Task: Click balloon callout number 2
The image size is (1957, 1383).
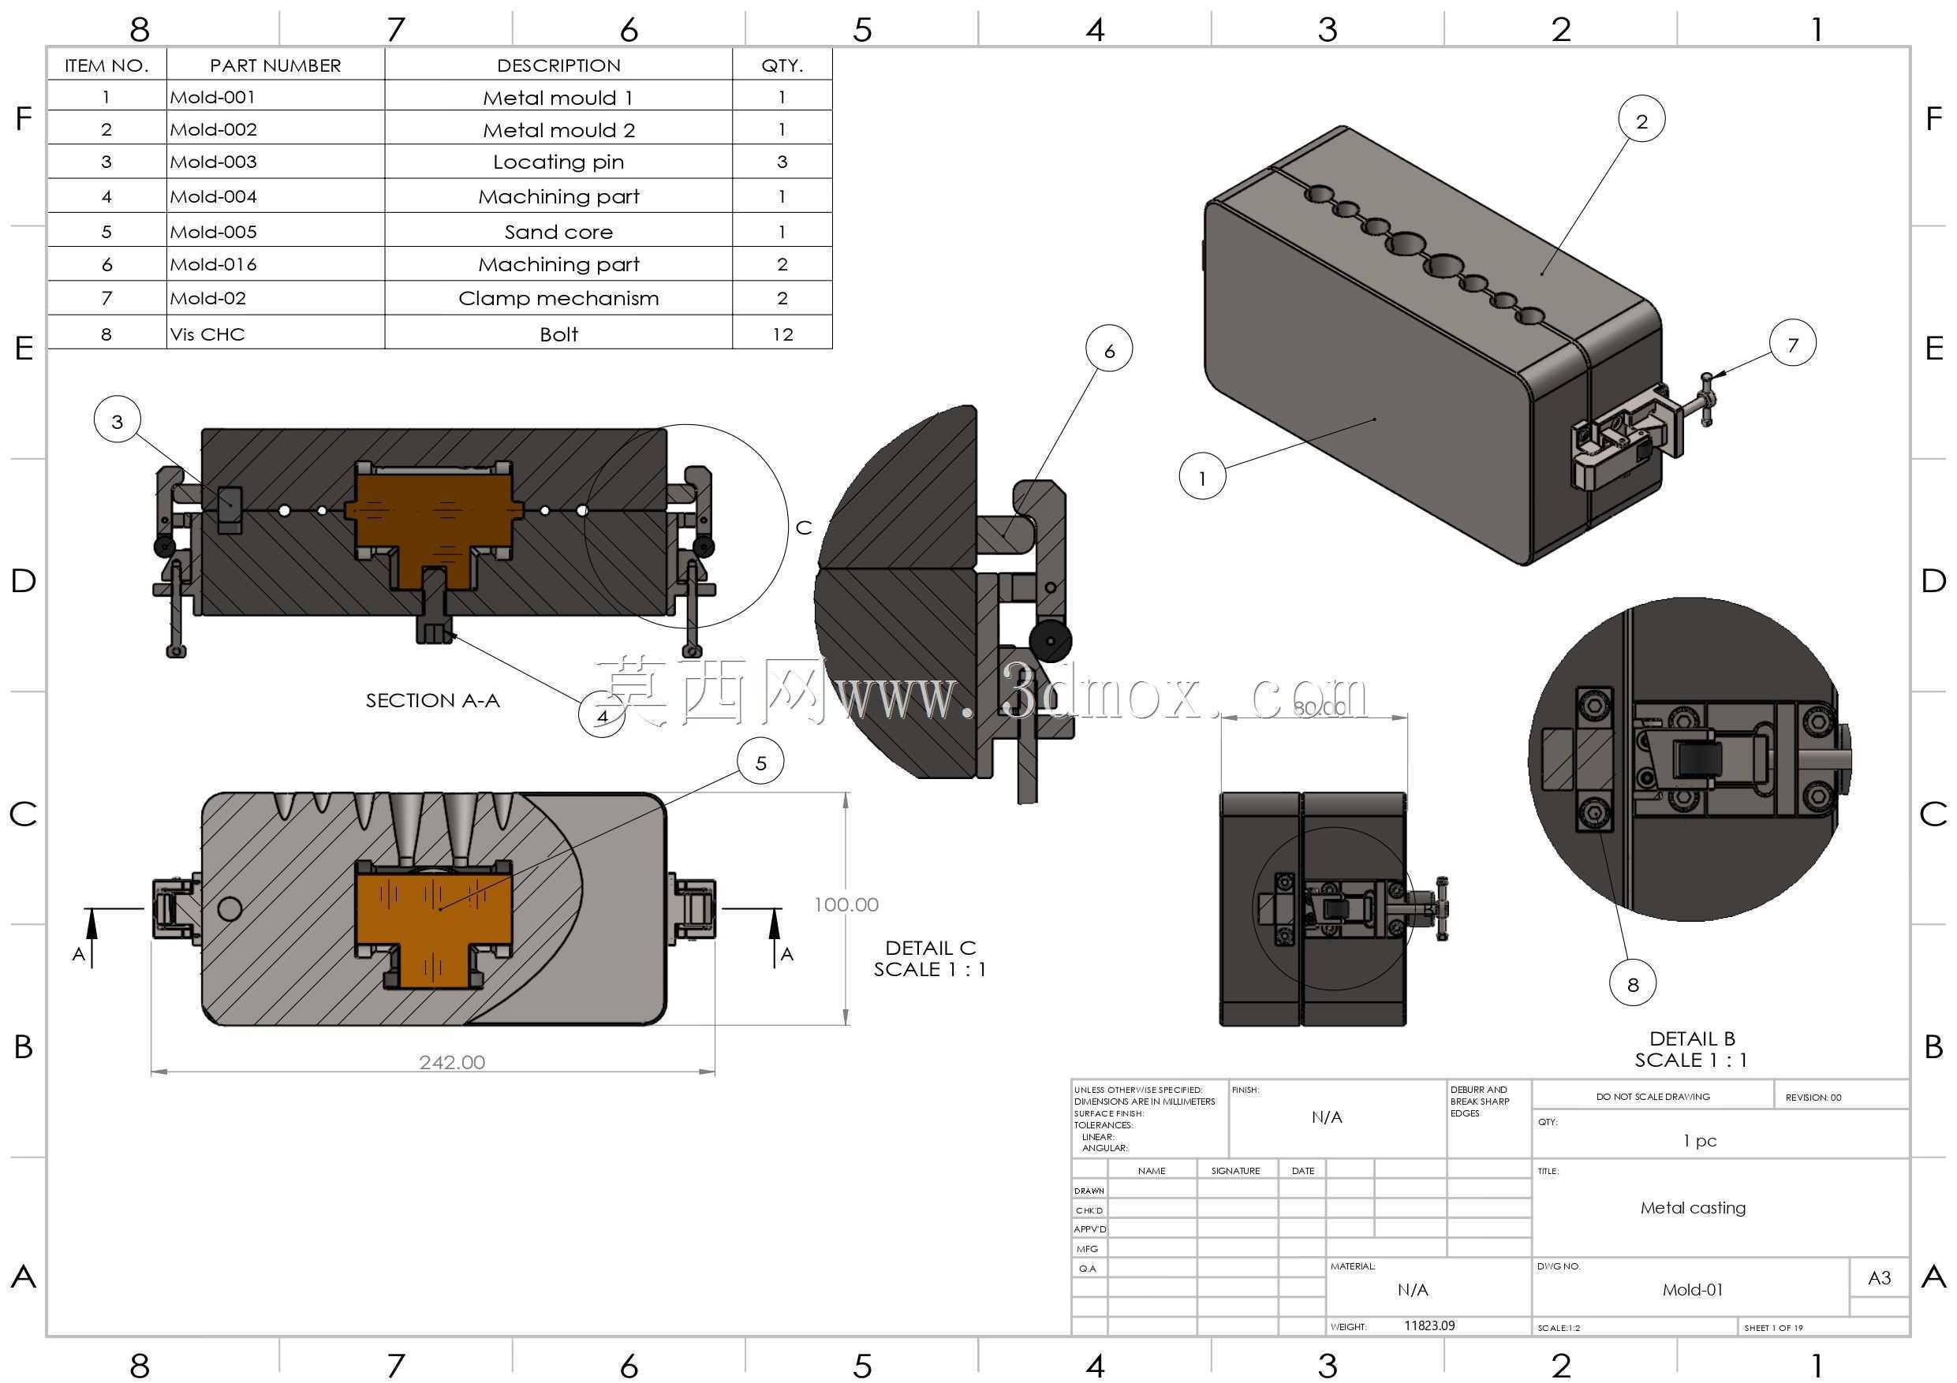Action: [1641, 120]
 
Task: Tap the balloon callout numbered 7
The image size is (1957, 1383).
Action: [1792, 344]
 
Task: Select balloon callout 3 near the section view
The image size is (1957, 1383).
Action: [118, 420]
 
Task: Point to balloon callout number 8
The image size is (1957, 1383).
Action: [1632, 984]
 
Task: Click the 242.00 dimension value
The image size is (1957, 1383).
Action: [452, 1062]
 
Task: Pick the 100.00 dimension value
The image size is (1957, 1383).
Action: [846, 904]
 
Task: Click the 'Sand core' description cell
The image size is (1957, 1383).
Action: [558, 231]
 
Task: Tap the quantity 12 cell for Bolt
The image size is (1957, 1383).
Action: [782, 334]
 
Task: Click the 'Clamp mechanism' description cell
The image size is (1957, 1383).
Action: [558, 298]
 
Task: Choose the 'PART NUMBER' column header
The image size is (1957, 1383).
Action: [275, 65]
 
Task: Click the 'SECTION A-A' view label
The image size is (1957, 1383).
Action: [432, 700]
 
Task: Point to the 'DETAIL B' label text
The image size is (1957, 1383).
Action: [1692, 1038]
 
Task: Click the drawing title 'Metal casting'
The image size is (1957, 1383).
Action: [1693, 1207]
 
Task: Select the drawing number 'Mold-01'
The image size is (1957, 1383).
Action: [1692, 1289]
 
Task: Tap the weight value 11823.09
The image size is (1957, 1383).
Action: [1429, 1326]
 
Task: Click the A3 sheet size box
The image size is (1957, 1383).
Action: [1879, 1277]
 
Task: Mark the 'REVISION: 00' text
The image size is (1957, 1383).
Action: [1813, 1097]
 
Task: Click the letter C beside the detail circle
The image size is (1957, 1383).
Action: [803, 527]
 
